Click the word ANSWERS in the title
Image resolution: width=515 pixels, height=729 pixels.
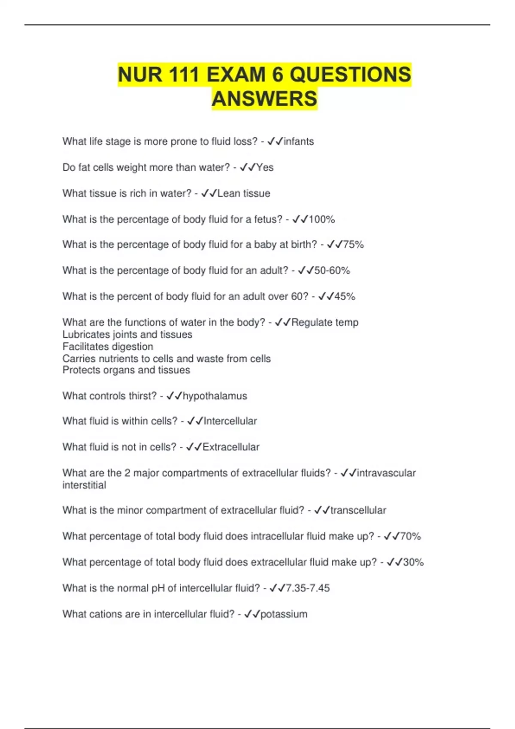(x=264, y=99)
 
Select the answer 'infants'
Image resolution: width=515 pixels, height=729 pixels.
(x=299, y=142)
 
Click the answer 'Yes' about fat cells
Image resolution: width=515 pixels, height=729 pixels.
(x=265, y=167)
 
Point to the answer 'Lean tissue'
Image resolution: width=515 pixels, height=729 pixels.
(x=244, y=193)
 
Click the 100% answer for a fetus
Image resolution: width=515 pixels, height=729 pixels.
(x=322, y=219)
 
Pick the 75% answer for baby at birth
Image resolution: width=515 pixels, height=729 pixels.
(x=354, y=244)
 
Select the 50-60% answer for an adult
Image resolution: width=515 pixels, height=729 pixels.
(x=332, y=271)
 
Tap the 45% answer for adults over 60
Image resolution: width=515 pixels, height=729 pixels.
(x=345, y=296)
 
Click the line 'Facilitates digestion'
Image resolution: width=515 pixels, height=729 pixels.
(x=108, y=346)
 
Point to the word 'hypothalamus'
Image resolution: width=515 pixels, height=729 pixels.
(x=215, y=396)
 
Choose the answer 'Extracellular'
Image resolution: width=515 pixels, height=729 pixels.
(x=231, y=447)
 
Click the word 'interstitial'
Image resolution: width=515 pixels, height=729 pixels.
(x=84, y=485)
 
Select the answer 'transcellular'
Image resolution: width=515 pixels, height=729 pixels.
(x=358, y=510)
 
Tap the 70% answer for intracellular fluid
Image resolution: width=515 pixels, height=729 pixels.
(x=410, y=536)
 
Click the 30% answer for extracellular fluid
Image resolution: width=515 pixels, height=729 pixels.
(x=413, y=562)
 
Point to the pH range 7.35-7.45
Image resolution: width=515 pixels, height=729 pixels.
(x=308, y=588)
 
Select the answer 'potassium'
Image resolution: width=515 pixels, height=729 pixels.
(x=284, y=614)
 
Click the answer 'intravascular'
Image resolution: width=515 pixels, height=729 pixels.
(x=386, y=473)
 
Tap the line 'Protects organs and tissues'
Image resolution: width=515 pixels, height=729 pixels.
(x=126, y=370)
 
